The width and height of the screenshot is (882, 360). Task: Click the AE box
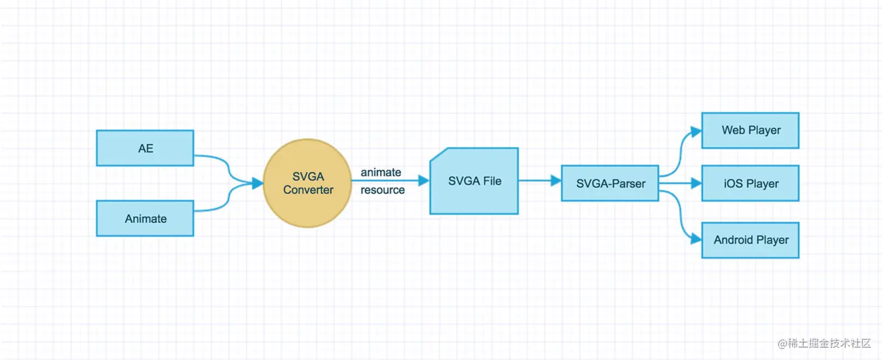tap(145, 148)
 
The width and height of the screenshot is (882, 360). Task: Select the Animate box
tap(145, 218)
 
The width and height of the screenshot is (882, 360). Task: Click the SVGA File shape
tap(474, 181)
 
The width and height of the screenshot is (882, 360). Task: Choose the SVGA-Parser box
tap(610, 183)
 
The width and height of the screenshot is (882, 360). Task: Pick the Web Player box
tap(750, 130)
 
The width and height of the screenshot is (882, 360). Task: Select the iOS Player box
tap(750, 183)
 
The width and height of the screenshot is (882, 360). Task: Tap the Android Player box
tap(750, 240)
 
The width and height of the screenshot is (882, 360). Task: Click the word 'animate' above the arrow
tap(380, 172)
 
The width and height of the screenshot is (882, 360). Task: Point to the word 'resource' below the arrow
tap(382, 190)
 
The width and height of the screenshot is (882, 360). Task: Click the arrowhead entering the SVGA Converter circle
tap(257, 184)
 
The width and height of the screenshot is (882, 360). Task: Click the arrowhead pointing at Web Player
tap(695, 131)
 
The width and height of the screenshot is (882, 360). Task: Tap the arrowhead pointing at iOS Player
tap(695, 183)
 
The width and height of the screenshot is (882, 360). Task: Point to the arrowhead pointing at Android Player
tap(695, 239)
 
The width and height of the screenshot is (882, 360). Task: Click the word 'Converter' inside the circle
tap(308, 190)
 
